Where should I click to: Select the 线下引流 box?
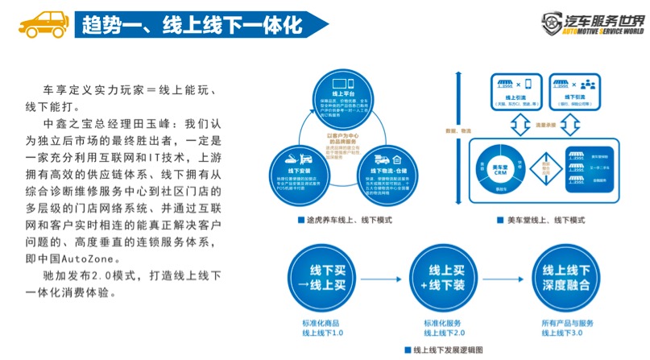point(578,97)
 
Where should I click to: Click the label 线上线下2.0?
point(441,330)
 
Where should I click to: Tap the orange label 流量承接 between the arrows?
point(544,126)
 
